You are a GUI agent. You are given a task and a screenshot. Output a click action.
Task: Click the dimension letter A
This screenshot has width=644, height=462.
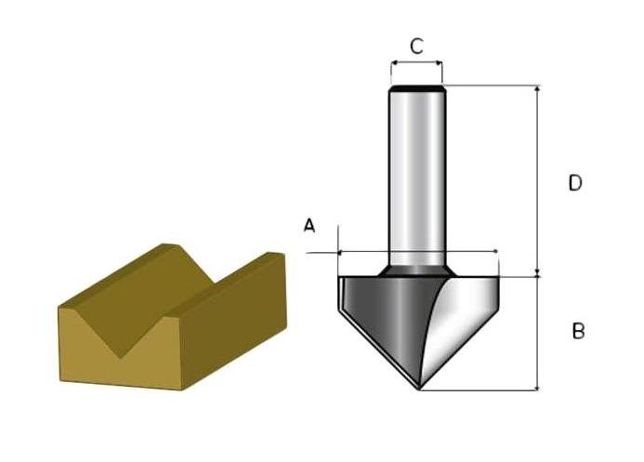(x=310, y=226)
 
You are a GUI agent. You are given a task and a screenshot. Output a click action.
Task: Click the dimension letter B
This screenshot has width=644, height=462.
(x=578, y=331)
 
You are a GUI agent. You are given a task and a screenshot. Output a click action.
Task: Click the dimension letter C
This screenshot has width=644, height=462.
(x=417, y=46)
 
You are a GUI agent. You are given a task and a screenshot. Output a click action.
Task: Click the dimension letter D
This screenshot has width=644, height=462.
(x=575, y=183)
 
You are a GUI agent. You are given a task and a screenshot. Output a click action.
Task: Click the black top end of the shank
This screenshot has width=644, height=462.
(x=417, y=88)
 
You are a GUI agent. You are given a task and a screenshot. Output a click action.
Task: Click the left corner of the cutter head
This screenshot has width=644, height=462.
(x=341, y=278)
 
